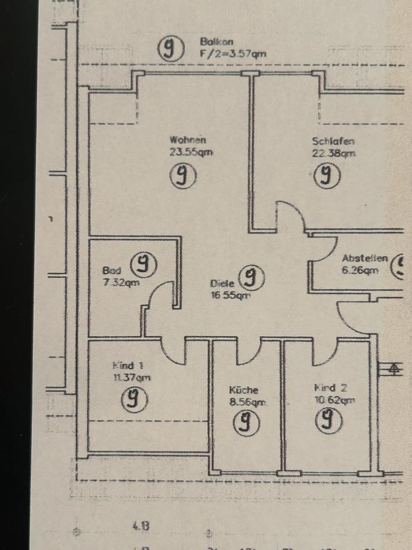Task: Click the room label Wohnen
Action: (188, 140)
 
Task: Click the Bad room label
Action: (111, 270)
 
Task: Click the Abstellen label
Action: (365, 258)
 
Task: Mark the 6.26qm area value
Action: (360, 271)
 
